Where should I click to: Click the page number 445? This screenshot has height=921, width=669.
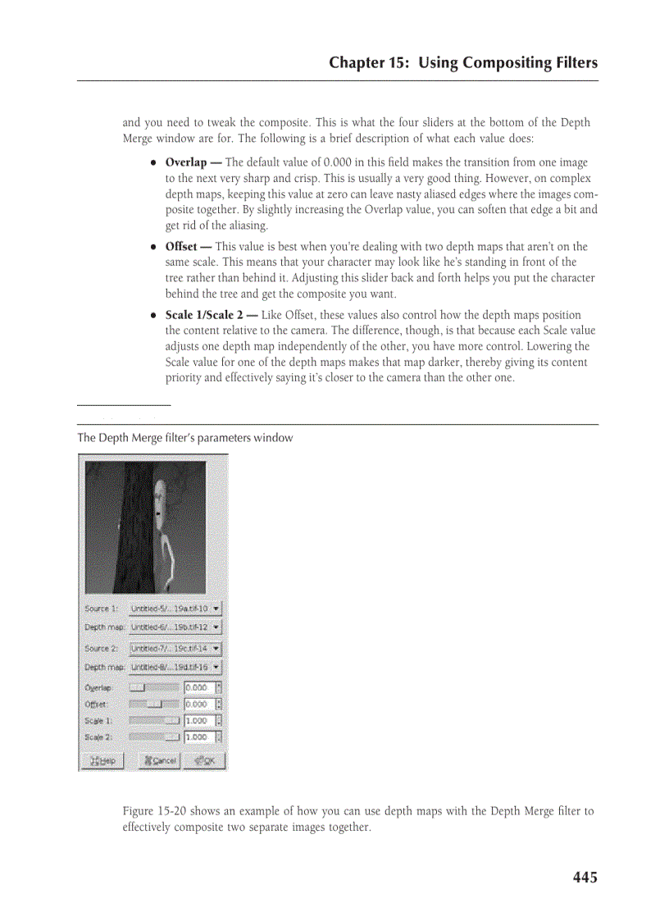pos(585,878)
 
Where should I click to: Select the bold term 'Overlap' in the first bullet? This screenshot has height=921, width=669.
pos(185,162)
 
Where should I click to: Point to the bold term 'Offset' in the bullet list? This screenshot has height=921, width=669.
pos(181,246)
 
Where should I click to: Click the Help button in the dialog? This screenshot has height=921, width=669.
pos(102,760)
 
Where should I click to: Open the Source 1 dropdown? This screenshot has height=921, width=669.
pos(175,609)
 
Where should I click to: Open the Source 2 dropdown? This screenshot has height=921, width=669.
pos(175,648)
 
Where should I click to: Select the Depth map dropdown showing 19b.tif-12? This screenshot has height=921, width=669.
pos(175,627)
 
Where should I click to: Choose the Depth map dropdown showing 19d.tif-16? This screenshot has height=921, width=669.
pos(175,667)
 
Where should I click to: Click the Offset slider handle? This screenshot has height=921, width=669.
pos(155,704)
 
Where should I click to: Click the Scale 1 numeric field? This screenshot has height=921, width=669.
pos(198,721)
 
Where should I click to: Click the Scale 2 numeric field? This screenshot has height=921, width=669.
pos(198,737)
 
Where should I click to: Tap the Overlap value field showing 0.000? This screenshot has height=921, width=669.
pos(198,687)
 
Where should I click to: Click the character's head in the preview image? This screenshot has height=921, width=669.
pos(162,500)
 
